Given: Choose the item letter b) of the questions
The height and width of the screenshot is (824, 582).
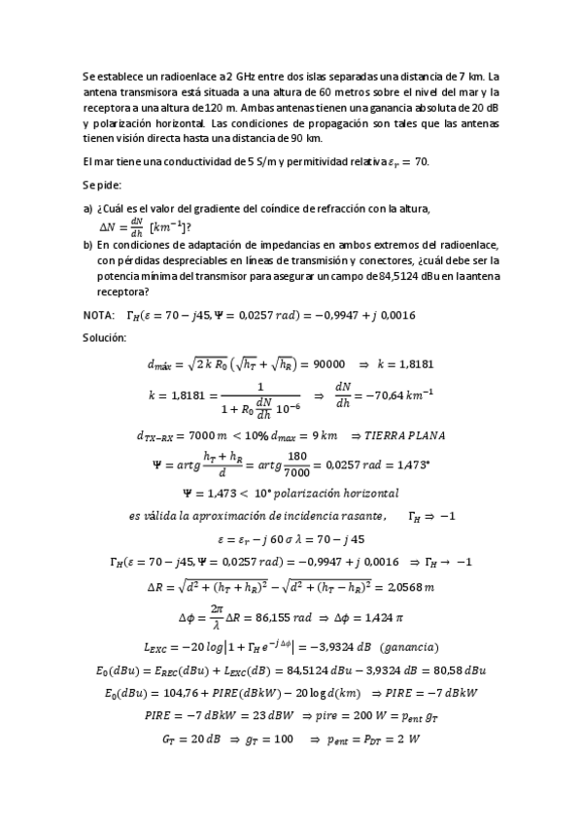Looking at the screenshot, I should [88, 246].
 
